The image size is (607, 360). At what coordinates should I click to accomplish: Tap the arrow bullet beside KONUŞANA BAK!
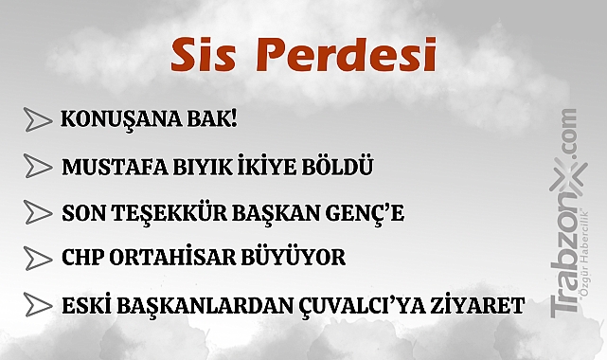click(37, 120)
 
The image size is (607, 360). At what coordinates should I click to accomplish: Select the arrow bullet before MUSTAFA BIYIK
click(37, 167)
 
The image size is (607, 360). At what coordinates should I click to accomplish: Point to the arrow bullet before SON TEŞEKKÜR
click(37, 212)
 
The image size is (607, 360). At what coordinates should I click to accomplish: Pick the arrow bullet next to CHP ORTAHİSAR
click(37, 258)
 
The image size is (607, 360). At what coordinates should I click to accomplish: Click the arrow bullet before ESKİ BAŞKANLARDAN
click(37, 305)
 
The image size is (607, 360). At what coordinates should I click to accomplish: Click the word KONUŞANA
click(112, 120)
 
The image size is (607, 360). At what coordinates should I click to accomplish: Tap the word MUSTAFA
click(102, 167)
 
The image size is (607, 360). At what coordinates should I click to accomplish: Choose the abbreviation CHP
click(80, 258)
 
